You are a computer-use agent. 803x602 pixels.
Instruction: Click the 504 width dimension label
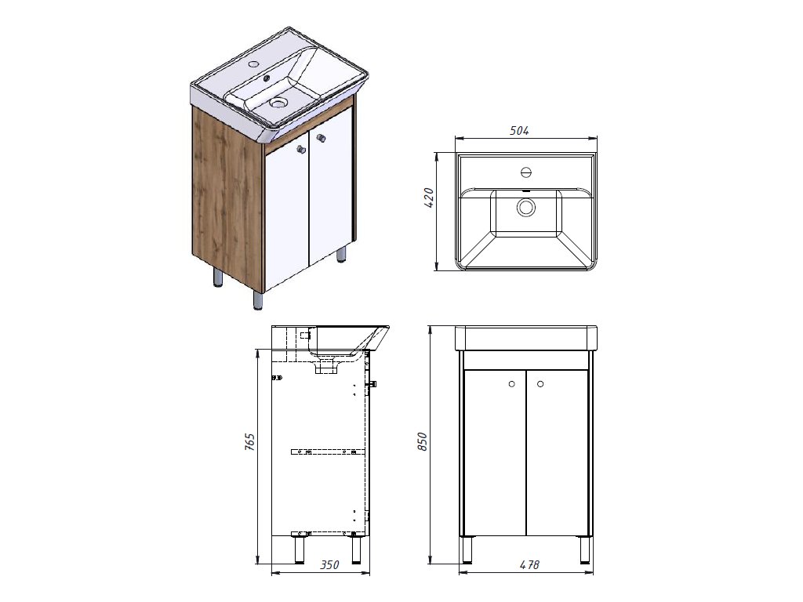tap(519, 131)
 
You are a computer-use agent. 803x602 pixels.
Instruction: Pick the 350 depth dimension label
tap(330, 564)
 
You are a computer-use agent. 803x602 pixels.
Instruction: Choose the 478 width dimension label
tap(529, 564)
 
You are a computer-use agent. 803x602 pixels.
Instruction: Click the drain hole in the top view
tap(525, 208)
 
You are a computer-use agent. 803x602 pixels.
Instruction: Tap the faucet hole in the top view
tap(526, 172)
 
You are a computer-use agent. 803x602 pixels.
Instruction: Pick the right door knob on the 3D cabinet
tap(320, 139)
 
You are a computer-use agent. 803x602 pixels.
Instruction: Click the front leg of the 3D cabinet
tap(258, 300)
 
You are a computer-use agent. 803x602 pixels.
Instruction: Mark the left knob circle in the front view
tap(511, 383)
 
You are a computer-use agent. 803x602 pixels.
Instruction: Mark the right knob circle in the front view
tap(540, 383)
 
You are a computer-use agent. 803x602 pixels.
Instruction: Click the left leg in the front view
tap(467, 549)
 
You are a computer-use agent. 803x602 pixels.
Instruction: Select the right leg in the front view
tap(585, 549)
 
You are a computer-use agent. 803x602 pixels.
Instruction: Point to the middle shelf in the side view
tap(328, 451)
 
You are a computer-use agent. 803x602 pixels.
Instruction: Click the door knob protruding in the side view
tap(373, 384)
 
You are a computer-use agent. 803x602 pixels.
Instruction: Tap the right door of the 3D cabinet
tap(331, 196)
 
